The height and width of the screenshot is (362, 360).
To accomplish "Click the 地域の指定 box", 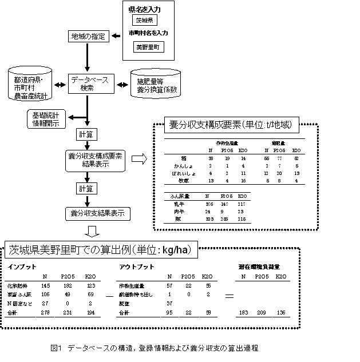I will tap(88, 37).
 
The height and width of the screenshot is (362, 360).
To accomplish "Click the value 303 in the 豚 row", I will tap(211, 218).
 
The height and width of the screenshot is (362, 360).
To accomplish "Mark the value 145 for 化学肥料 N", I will tap(46, 285).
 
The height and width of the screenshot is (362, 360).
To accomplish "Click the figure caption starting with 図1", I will tap(155, 348).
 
